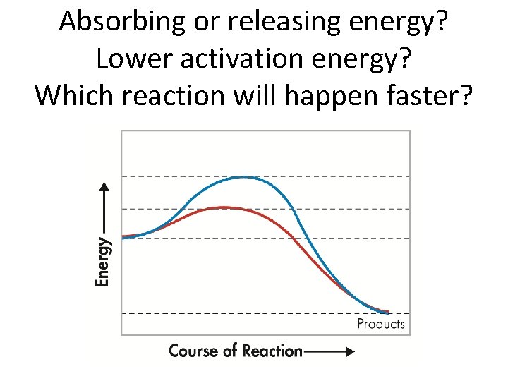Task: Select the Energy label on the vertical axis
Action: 103,261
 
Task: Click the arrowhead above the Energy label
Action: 104,188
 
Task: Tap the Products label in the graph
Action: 381,324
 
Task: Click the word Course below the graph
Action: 192,351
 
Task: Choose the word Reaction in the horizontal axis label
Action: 272,351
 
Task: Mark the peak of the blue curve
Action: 243,177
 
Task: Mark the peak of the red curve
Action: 224,207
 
